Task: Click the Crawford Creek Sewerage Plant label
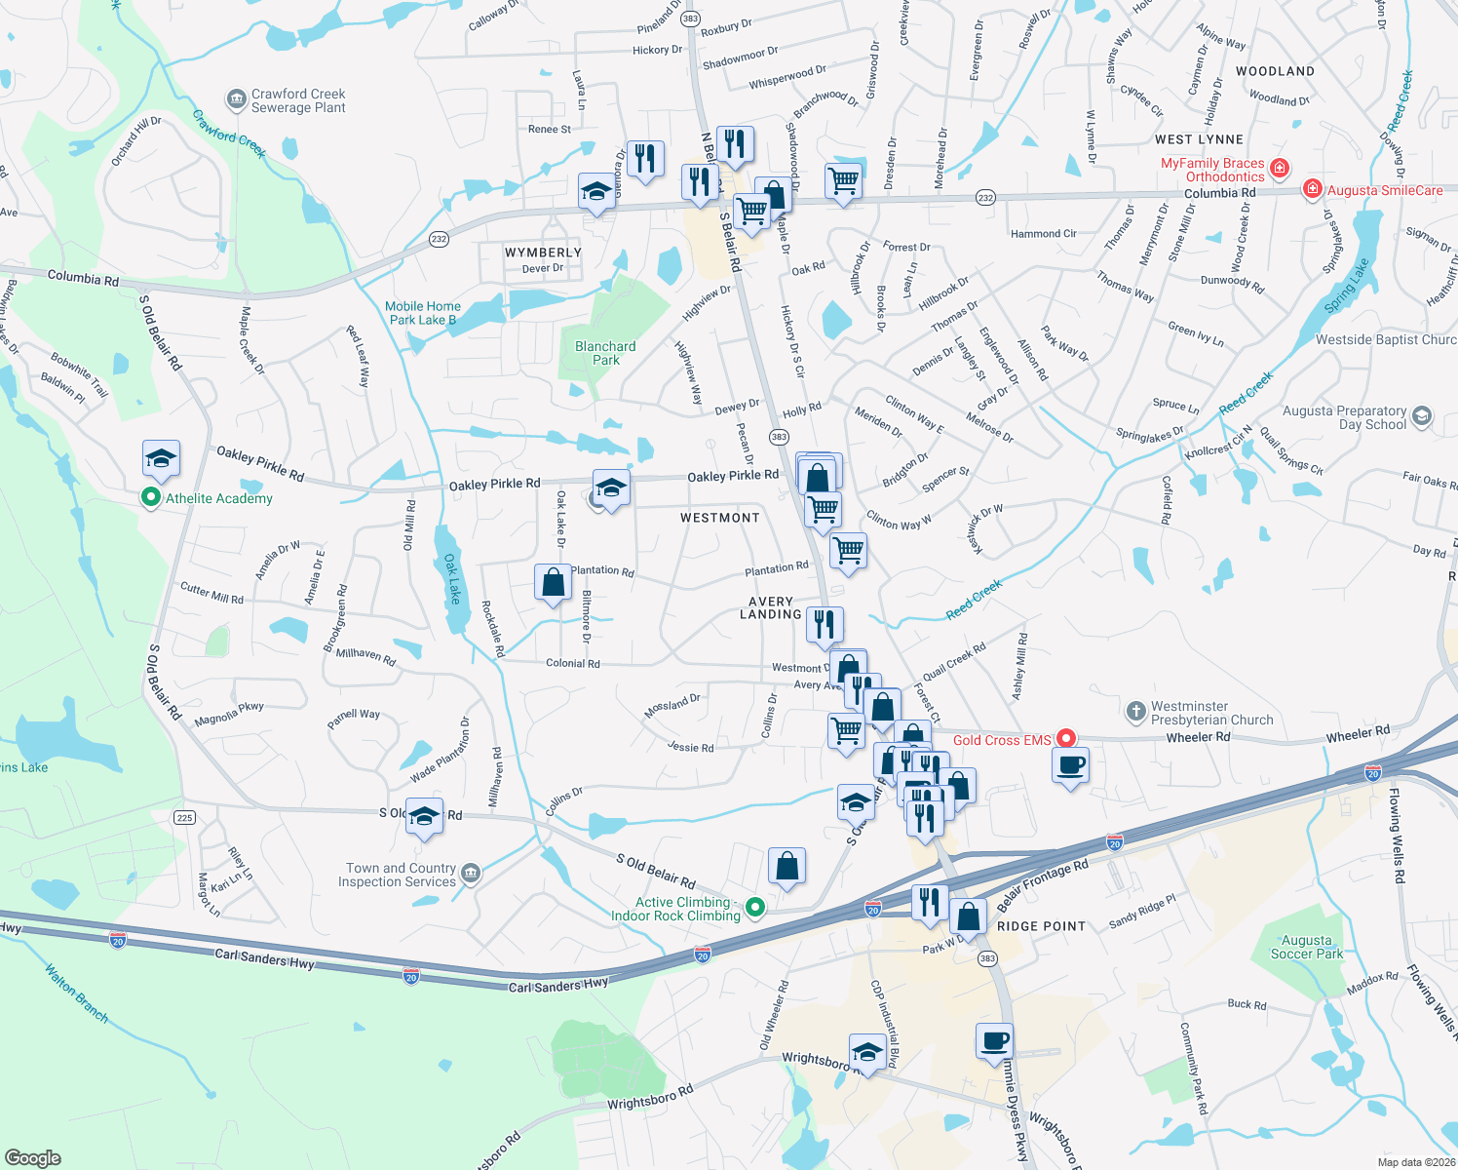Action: click(x=298, y=100)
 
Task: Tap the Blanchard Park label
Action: click(x=605, y=353)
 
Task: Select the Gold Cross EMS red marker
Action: click(x=1066, y=739)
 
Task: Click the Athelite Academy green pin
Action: click(x=150, y=497)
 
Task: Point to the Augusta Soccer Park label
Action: click(x=1306, y=947)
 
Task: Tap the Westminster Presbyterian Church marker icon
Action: click(x=1135, y=712)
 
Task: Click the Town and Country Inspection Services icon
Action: click(x=471, y=873)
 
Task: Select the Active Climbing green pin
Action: click(x=754, y=908)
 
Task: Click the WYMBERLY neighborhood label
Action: click(x=543, y=253)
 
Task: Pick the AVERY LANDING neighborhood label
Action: click(x=770, y=607)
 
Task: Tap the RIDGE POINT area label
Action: click(x=1041, y=926)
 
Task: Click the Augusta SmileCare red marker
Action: click(x=1313, y=188)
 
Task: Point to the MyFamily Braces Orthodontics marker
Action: click(x=1280, y=168)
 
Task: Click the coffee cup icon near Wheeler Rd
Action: click(x=1070, y=765)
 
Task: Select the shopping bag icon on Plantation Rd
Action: click(x=553, y=583)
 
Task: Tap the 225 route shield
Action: click(x=185, y=817)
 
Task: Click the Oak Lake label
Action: click(x=452, y=579)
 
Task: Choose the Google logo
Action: click(x=33, y=1157)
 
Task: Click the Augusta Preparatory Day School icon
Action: click(x=1422, y=416)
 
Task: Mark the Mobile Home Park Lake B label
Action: click(x=423, y=313)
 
